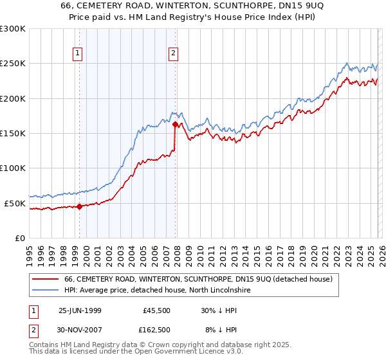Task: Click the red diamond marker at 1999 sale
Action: [79, 206]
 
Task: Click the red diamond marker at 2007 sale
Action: [175, 125]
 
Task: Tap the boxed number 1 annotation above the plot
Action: [77, 54]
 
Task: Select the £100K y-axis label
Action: [13, 168]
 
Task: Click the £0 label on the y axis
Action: [19, 238]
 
